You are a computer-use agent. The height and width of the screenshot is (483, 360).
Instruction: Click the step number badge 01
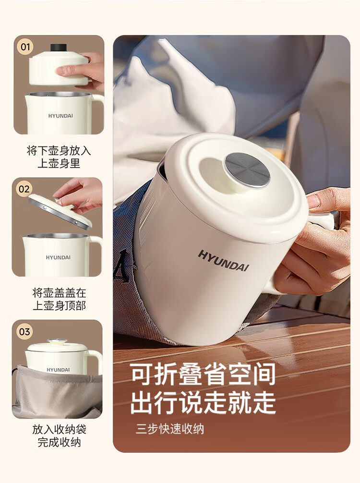point(25,47)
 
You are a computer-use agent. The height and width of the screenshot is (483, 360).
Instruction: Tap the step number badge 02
point(24,189)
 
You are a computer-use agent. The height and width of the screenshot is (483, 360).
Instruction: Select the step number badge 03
point(24,332)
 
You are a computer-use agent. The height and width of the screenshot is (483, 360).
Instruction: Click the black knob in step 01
point(59,48)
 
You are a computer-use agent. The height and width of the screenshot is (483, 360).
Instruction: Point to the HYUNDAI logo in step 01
point(60,116)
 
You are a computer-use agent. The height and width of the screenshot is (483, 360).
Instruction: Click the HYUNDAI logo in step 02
point(58,257)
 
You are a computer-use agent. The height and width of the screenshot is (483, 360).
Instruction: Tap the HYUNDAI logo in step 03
point(58,370)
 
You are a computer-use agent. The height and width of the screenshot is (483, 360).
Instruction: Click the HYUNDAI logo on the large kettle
point(223,261)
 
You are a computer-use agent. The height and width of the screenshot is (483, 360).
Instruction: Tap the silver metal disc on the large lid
point(247,170)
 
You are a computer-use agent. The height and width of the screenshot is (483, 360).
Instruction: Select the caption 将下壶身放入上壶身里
point(59,157)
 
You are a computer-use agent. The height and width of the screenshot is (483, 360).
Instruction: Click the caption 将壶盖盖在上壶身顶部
point(59,299)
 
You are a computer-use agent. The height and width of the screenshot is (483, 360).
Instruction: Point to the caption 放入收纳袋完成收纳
point(59,435)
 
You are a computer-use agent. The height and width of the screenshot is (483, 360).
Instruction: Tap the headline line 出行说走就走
point(203,402)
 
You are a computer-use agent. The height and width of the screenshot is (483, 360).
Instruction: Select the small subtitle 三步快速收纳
point(170,429)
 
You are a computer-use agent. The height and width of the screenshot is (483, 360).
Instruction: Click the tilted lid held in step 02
point(60,212)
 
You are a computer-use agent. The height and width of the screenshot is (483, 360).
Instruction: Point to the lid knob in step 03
point(57,341)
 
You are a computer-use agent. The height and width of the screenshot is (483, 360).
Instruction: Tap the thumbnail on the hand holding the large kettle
point(313,201)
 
